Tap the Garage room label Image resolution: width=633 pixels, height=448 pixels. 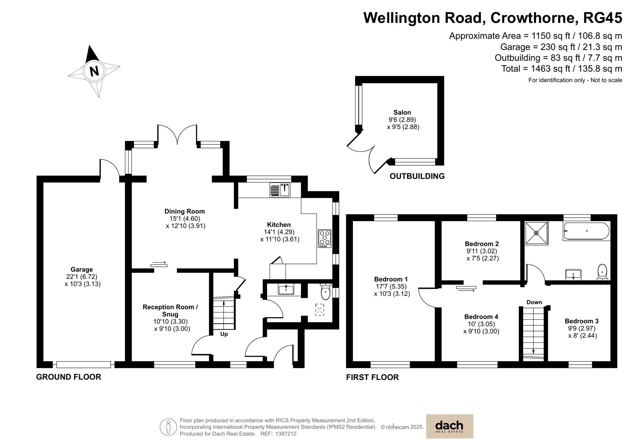pyautogui.click(x=82, y=269)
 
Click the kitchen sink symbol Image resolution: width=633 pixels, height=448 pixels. pyautogui.click(x=280, y=190)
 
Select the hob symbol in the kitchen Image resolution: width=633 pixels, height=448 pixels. pyautogui.click(x=325, y=239)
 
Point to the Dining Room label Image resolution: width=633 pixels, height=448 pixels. pyautogui.click(x=185, y=211)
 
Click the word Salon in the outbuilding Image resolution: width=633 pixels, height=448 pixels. pyautogui.click(x=402, y=112)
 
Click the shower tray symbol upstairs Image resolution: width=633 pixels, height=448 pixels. pyautogui.click(x=536, y=233)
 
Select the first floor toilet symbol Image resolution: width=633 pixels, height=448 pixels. pyautogui.click(x=602, y=272)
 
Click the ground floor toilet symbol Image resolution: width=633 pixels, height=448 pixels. pyautogui.click(x=325, y=292)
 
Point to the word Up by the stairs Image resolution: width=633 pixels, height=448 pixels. pyautogui.click(x=224, y=334)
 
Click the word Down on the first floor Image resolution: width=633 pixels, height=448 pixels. pyautogui.click(x=534, y=302)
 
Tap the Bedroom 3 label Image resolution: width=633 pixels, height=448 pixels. pyautogui.click(x=581, y=321)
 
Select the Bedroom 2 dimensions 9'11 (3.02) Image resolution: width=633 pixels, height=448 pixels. pyautogui.click(x=482, y=251)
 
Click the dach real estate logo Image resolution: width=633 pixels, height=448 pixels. pyautogui.click(x=449, y=426)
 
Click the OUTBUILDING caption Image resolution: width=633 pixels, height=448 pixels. pyautogui.click(x=417, y=176)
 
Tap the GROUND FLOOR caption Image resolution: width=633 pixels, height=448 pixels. pyautogui.click(x=69, y=377)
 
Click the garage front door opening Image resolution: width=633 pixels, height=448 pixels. pyautogui.click(x=84, y=365)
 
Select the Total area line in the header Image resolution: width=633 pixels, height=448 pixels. pyautogui.click(x=561, y=69)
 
